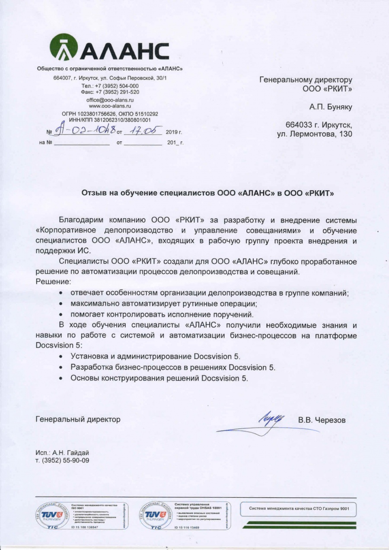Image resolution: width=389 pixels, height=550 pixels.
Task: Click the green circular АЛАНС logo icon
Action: [64, 48]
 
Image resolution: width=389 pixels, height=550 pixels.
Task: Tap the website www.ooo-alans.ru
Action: [110, 106]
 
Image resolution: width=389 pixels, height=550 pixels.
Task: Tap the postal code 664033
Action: [300, 125]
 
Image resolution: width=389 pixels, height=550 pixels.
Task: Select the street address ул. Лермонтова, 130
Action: [315, 134]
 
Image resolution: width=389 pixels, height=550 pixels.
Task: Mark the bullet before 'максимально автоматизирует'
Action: [62, 304]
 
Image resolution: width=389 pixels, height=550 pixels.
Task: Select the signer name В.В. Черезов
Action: [322, 420]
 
